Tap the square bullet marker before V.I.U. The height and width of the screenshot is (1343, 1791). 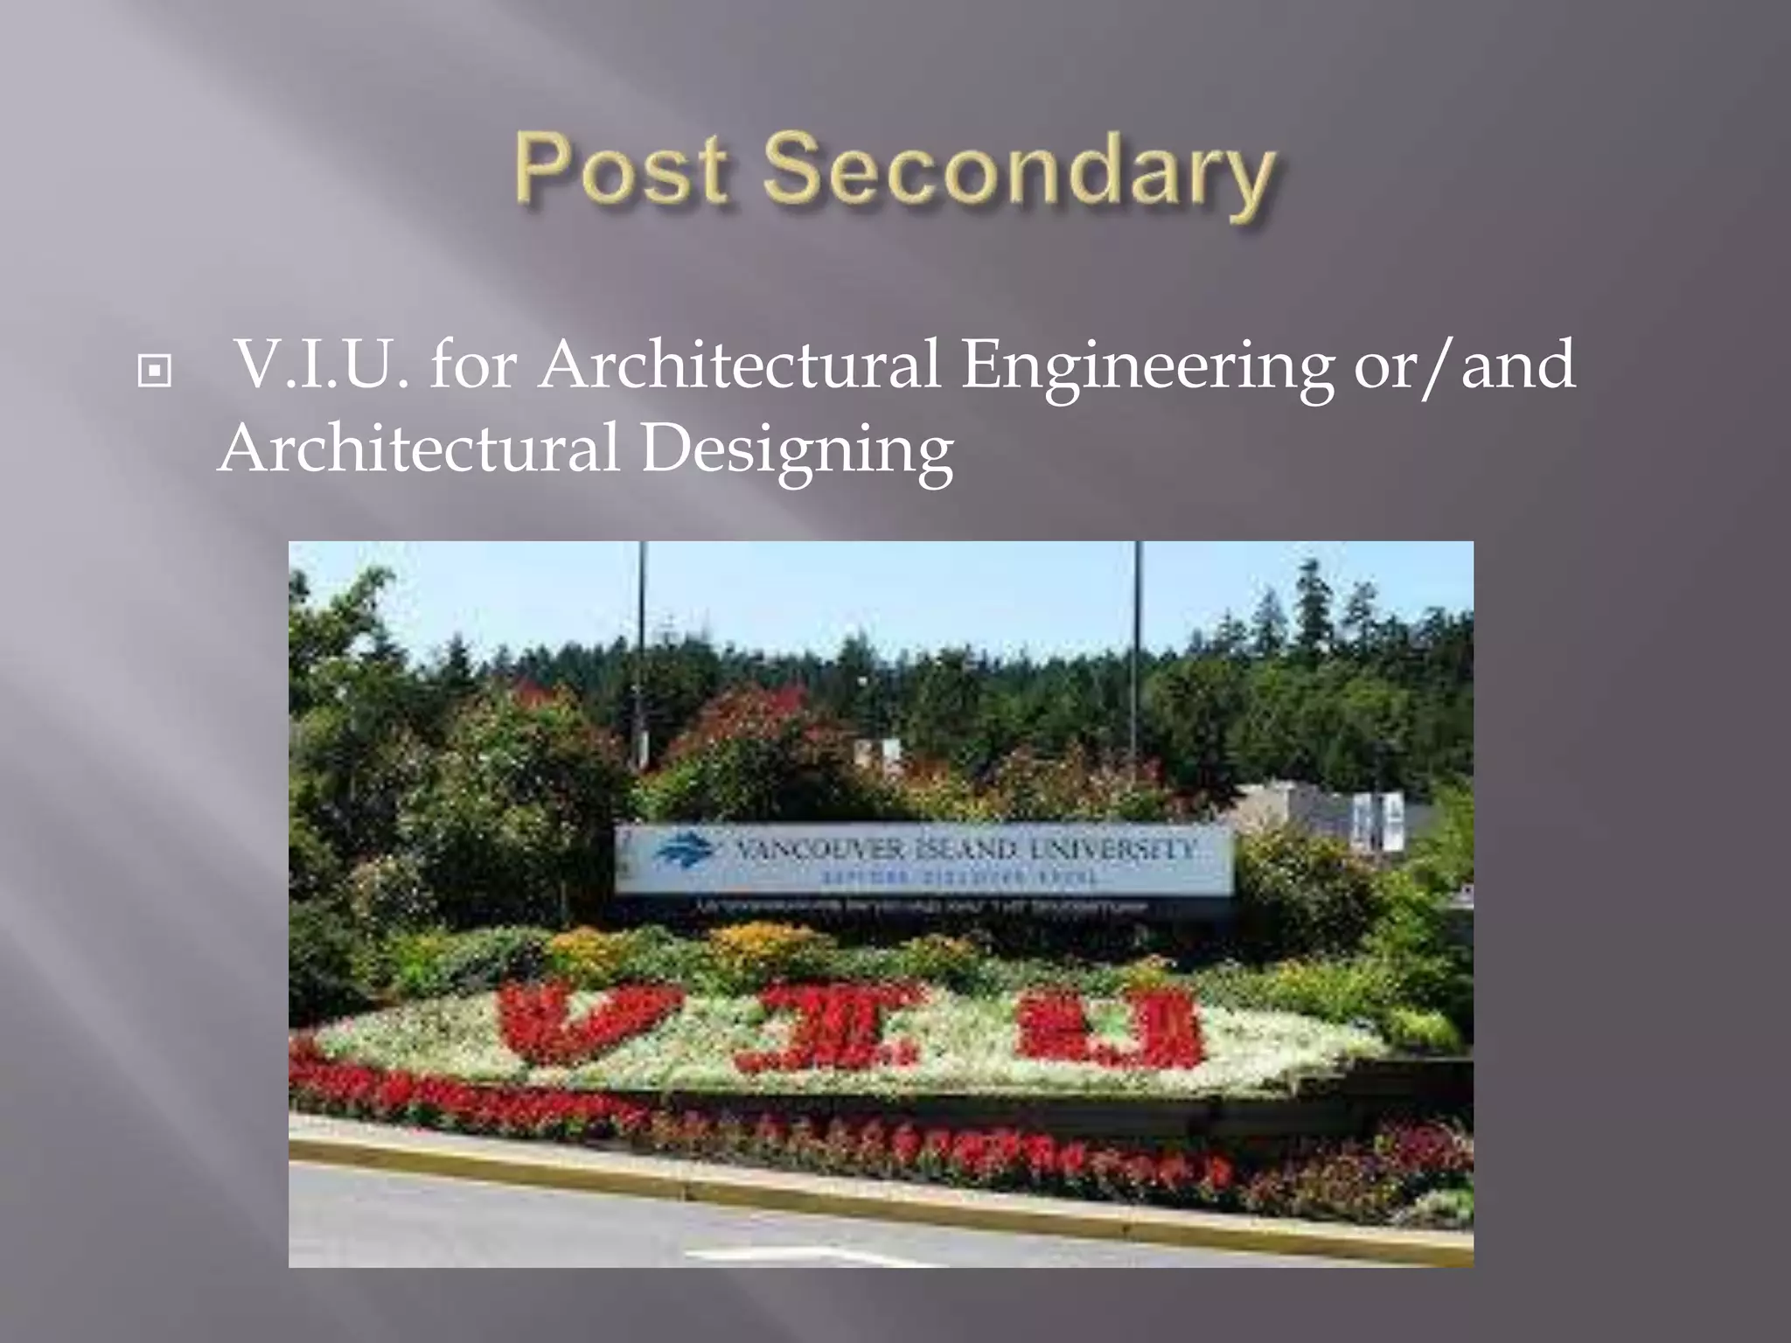[x=155, y=372]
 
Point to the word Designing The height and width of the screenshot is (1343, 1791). [x=797, y=450]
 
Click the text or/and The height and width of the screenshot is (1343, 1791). [x=1465, y=365]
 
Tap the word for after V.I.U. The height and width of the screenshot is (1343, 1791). [x=474, y=365]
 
